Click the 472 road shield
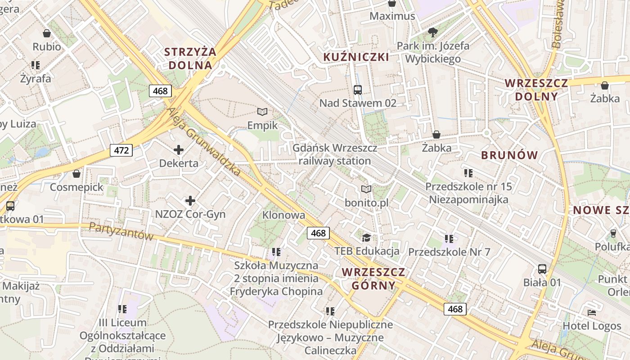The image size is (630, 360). [x=121, y=150]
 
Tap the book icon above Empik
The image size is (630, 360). [x=262, y=112]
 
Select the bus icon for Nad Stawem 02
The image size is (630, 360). [x=358, y=90]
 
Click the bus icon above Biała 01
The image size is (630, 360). [x=542, y=269]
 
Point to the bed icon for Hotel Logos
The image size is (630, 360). [x=592, y=312]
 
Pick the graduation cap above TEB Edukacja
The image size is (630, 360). [x=367, y=237]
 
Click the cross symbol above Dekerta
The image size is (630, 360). [x=179, y=149]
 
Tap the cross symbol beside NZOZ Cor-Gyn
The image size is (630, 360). [x=190, y=201]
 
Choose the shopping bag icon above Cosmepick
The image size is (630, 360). [x=76, y=174]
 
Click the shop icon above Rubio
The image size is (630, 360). [x=46, y=33]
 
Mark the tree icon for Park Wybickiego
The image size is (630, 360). [x=433, y=32]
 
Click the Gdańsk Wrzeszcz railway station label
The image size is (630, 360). [x=335, y=154]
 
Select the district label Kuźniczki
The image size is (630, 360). [x=356, y=57]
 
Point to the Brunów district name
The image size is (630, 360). [x=509, y=155]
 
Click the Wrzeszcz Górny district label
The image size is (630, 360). [x=373, y=279]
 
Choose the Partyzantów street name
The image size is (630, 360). [x=121, y=231]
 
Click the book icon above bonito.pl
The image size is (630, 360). [x=367, y=189]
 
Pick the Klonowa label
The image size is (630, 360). [x=283, y=215]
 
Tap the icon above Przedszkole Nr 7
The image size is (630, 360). [x=449, y=238]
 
